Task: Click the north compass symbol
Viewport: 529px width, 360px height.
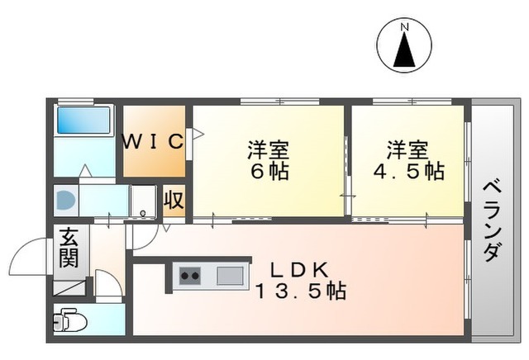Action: (x=405, y=47)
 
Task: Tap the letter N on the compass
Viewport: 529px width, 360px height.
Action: (x=405, y=26)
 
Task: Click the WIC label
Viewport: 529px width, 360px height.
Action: (x=154, y=141)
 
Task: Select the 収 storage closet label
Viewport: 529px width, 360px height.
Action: (x=174, y=200)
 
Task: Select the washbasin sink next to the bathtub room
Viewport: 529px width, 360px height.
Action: (x=65, y=199)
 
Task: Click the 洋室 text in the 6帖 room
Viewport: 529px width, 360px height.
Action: (x=269, y=151)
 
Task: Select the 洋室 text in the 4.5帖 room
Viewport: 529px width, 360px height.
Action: (x=407, y=150)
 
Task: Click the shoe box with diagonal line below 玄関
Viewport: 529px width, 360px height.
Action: (x=69, y=287)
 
